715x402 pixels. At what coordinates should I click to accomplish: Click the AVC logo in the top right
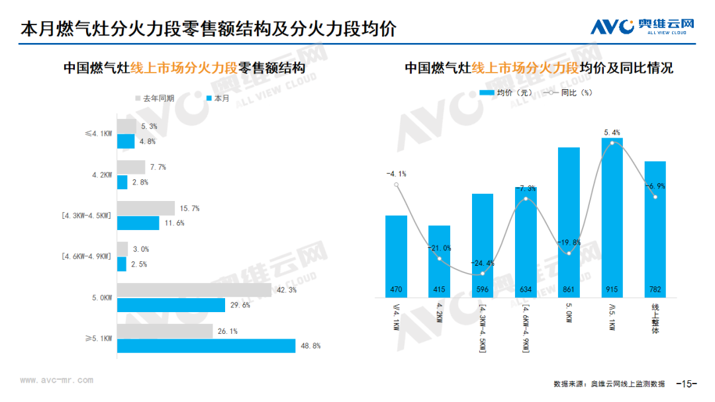pyautogui.click(x=642, y=27)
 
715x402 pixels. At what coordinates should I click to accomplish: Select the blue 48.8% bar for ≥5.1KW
pyautogui.click(x=206, y=346)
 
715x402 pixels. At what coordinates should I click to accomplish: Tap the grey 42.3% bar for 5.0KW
pyautogui.click(x=194, y=290)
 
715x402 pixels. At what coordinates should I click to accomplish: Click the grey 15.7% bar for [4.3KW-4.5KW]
pyautogui.click(x=146, y=208)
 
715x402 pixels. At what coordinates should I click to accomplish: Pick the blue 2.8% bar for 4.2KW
pyautogui.click(x=122, y=182)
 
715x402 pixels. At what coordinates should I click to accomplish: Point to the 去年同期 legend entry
pyautogui.click(x=155, y=99)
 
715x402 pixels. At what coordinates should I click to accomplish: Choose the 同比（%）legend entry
pyautogui.click(x=567, y=93)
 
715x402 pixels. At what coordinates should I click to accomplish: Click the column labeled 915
pyautogui.click(x=612, y=218)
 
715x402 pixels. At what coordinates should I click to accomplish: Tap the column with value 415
pyautogui.click(x=439, y=261)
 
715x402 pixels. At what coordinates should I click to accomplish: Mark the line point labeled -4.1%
pyautogui.click(x=397, y=184)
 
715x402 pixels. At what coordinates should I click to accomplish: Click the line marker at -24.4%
pyautogui.click(x=483, y=273)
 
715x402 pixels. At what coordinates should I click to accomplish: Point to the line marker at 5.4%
pyautogui.click(x=612, y=143)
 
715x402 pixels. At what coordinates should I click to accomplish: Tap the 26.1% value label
pyautogui.click(x=227, y=331)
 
